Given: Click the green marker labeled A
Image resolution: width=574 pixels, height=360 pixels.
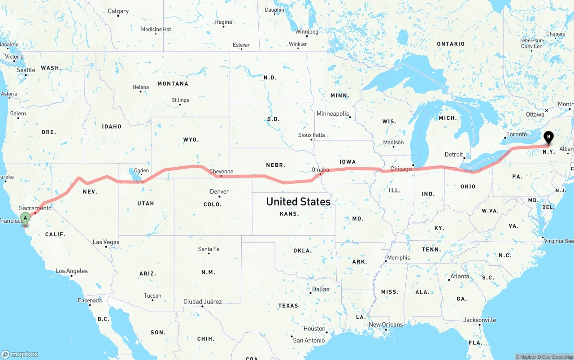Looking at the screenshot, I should tap(25, 218).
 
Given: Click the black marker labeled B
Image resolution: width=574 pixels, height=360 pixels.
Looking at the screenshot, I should tap(548, 137).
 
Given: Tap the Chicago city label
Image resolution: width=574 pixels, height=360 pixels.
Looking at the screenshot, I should tap(401, 169).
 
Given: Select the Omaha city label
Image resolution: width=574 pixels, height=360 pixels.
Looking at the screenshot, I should tap(320, 170).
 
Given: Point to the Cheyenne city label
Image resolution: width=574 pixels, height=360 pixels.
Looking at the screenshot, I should tap(221, 172).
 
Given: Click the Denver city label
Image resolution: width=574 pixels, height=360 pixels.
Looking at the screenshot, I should tap(219, 191).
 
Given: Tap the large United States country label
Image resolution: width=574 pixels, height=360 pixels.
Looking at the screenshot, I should tap(298, 202).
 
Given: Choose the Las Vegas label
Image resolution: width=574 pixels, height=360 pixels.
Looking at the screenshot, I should tap(106, 242).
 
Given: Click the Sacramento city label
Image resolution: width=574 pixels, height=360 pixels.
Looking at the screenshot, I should tap(35, 208).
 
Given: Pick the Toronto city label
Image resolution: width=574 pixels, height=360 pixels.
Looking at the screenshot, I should tap(517, 134).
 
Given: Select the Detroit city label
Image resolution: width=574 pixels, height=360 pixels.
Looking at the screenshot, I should tap(454, 155).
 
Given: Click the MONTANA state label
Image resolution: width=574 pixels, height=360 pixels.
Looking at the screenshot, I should tap(173, 84).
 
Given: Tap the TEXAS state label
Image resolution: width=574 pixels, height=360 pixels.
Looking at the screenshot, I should tap(288, 306).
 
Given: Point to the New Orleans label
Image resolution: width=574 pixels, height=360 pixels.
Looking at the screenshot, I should tap(386, 325).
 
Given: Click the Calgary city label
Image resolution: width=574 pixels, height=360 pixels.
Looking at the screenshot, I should tap(118, 11).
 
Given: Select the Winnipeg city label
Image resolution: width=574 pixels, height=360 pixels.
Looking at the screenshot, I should tap(307, 32).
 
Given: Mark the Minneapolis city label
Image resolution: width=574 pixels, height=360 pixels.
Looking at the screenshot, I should tap(333, 114).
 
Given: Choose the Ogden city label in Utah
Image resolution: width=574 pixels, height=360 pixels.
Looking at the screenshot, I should tap(141, 170).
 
